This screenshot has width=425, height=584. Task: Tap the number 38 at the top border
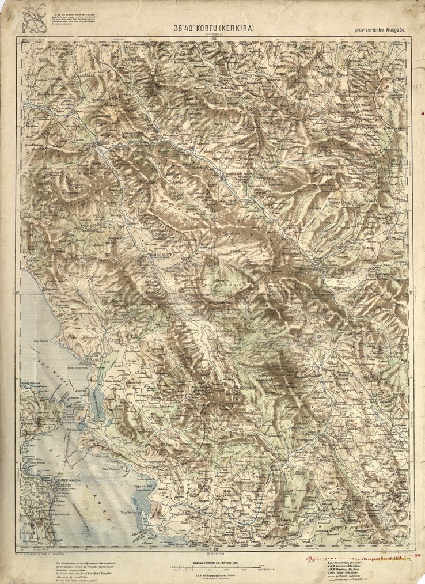point(214,39)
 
